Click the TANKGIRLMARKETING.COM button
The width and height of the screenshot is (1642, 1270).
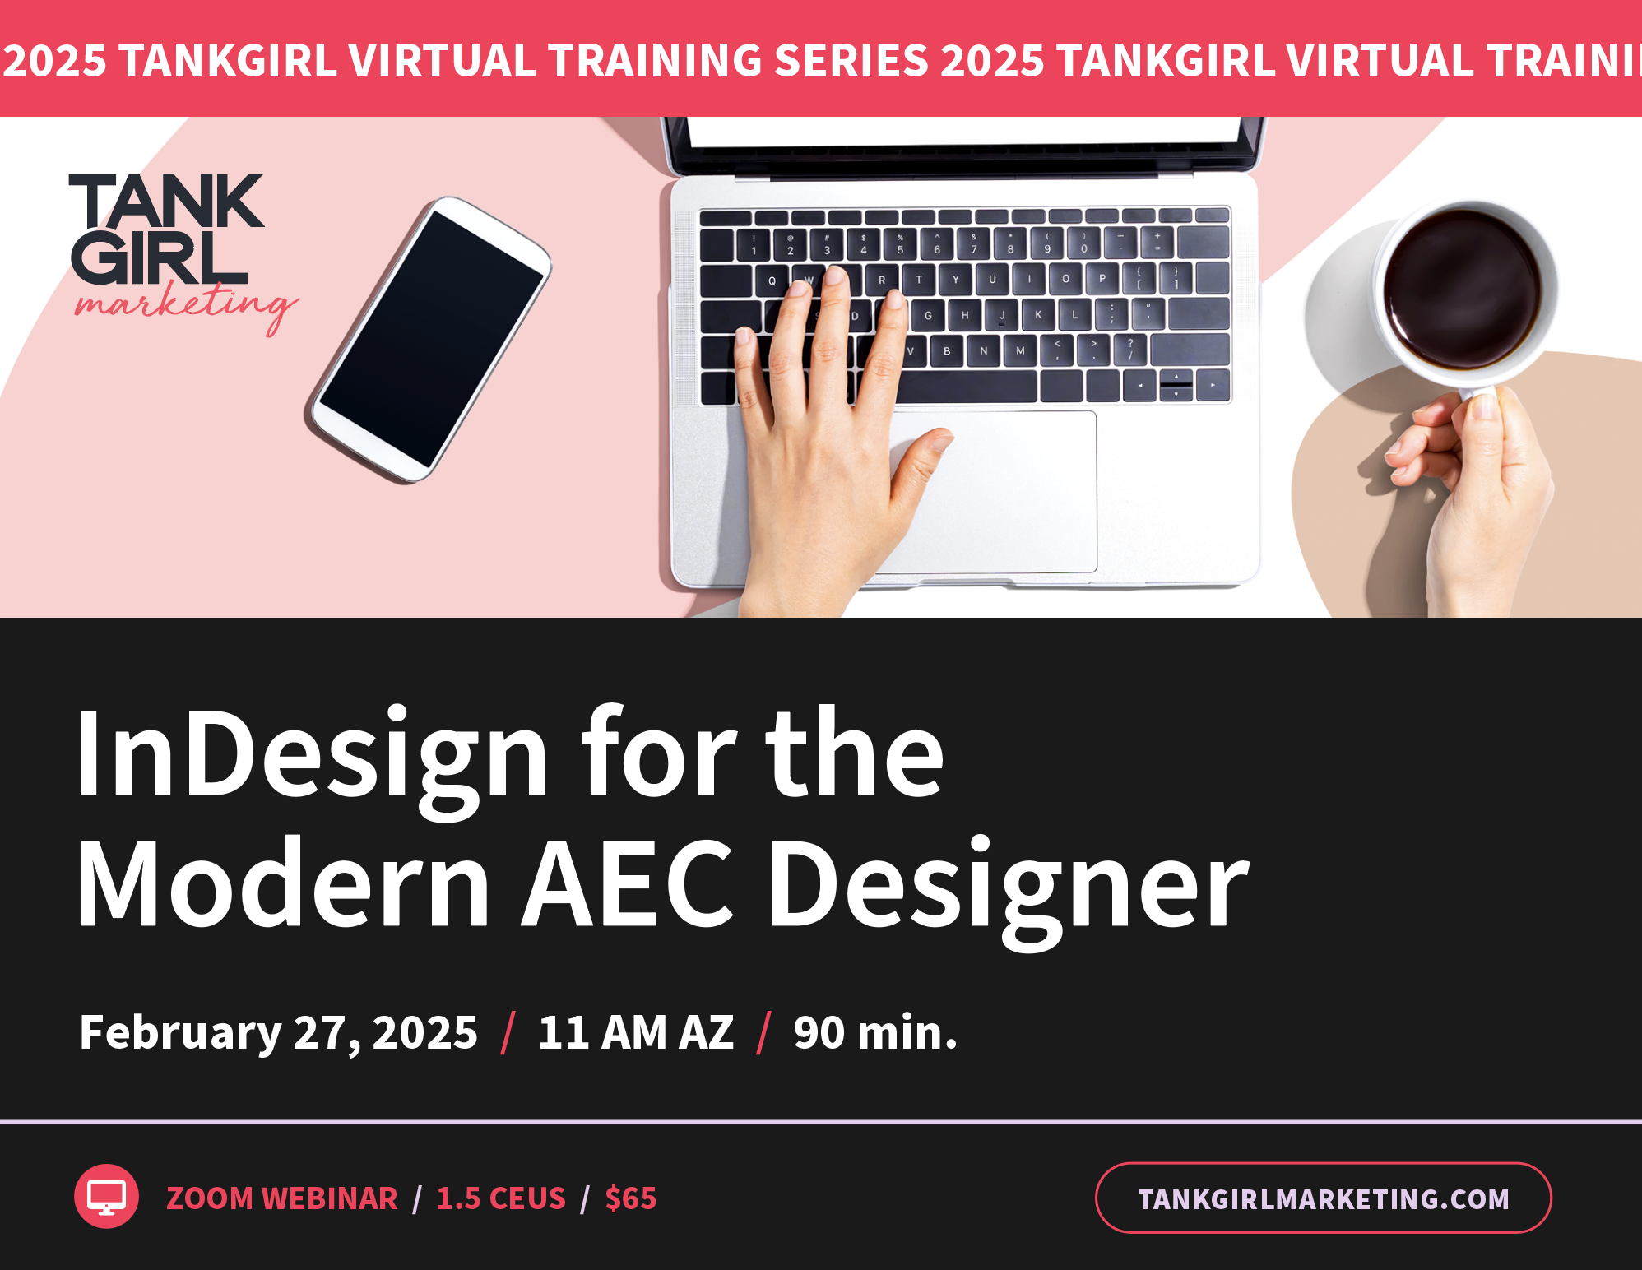coord(1323,1198)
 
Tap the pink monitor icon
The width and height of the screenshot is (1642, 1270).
coord(107,1196)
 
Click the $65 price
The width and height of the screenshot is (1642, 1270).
coord(631,1198)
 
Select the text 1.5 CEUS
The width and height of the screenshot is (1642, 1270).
coord(501,1198)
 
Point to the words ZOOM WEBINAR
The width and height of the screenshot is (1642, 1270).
coord(282,1198)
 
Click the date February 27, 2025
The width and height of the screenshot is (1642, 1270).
coord(278,1032)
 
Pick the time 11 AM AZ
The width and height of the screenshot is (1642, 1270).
coord(635,1032)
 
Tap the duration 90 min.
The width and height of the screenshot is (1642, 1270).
coord(875,1032)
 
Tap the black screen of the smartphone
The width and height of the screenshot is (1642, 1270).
coord(430,339)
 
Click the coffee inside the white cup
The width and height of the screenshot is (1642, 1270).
coord(1462,288)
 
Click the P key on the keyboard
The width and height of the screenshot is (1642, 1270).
coord(1102,279)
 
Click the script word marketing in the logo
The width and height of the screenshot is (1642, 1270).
coord(186,305)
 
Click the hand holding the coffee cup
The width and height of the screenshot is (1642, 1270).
coord(1481,494)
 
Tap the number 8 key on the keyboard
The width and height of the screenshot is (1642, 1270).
coord(1011,244)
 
